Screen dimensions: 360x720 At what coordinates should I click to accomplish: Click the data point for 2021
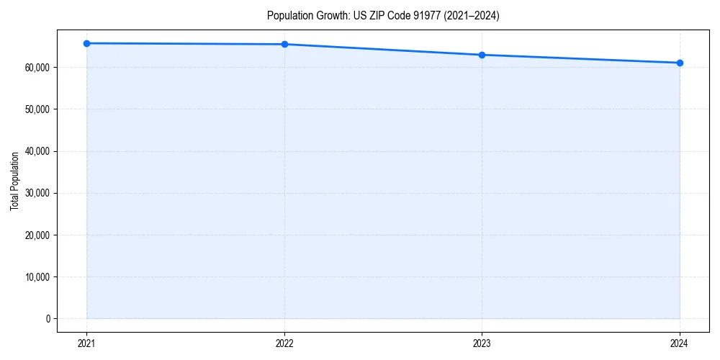86,43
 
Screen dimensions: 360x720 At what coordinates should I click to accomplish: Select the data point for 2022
284,44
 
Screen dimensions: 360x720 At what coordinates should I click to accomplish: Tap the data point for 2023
482,55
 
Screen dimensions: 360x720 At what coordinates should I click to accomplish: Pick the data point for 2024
680,63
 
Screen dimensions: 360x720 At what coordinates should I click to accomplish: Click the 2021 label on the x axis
86,343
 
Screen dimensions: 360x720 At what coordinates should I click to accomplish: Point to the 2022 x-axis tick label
284,343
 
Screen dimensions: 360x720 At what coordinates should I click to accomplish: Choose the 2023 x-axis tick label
482,343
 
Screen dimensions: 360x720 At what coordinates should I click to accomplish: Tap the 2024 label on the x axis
680,343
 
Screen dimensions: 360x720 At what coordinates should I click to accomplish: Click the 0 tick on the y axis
48,319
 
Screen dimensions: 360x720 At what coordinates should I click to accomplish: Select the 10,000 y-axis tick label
37,277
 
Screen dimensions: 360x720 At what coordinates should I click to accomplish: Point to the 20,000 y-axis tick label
37,235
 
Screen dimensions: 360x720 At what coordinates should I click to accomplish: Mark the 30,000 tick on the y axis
37,193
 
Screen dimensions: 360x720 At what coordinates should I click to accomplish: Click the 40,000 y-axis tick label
37,151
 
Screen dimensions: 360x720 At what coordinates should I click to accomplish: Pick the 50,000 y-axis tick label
37,109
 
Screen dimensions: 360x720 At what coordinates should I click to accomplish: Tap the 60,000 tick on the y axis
37,68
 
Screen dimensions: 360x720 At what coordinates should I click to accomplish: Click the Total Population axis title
14,181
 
